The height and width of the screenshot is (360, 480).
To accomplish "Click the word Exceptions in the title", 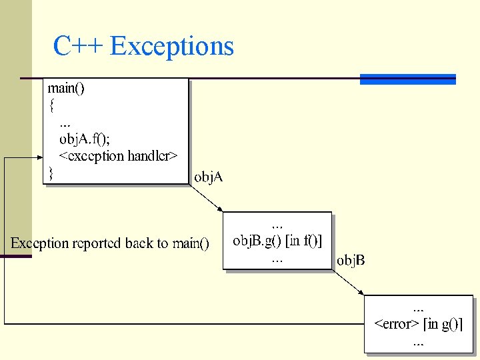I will [x=172, y=46].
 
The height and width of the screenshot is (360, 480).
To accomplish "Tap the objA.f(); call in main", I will [x=85, y=139].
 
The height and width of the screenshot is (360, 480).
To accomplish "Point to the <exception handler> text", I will [x=118, y=156].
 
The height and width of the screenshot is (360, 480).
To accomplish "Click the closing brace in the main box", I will [x=50, y=173].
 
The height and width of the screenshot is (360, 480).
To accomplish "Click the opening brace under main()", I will [x=51, y=105].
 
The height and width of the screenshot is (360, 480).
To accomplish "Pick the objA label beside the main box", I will [x=208, y=177].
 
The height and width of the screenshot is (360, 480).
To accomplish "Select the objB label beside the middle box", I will [x=351, y=260].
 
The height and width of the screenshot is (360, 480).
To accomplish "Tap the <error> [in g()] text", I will [x=419, y=325].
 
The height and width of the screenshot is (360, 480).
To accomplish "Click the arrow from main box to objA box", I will [x=206, y=198].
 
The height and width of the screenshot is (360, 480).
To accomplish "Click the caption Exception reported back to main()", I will [x=110, y=243].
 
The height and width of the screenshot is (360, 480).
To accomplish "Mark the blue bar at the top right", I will [x=407, y=79].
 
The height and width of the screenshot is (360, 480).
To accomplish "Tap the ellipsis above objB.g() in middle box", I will [x=277, y=224].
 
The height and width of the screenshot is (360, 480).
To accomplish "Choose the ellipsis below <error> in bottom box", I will [x=418, y=342].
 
